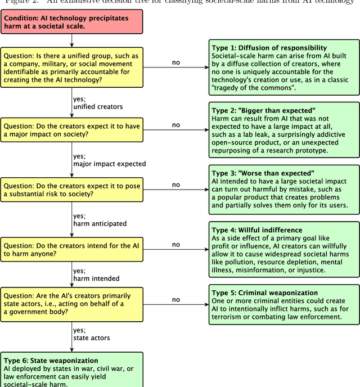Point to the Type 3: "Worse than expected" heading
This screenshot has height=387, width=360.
[x=262, y=173]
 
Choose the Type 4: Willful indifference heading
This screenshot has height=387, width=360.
[x=256, y=230]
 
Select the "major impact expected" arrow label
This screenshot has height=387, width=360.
[x=109, y=164]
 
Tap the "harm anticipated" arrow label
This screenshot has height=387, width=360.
[x=100, y=223]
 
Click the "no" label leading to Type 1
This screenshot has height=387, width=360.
[x=176, y=62]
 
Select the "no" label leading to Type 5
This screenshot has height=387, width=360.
[x=176, y=300]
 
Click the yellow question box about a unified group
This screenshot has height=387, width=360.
[x=71, y=68]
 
